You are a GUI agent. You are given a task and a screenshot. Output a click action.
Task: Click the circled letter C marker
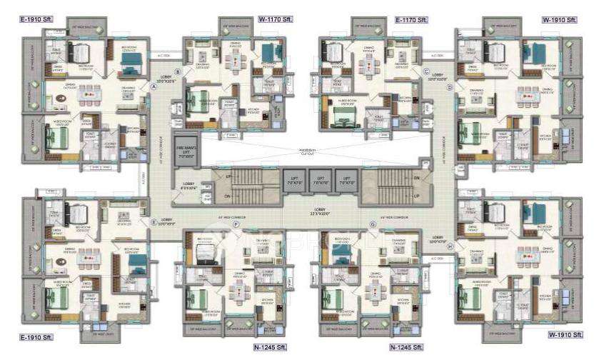click(426, 71)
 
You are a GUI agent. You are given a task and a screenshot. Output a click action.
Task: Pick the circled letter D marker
click(450, 87)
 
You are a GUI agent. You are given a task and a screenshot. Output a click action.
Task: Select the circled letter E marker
click(153, 222)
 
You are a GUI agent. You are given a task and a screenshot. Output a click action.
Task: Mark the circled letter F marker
click(236, 225)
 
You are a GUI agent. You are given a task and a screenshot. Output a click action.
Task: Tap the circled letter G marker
click(373, 225)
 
